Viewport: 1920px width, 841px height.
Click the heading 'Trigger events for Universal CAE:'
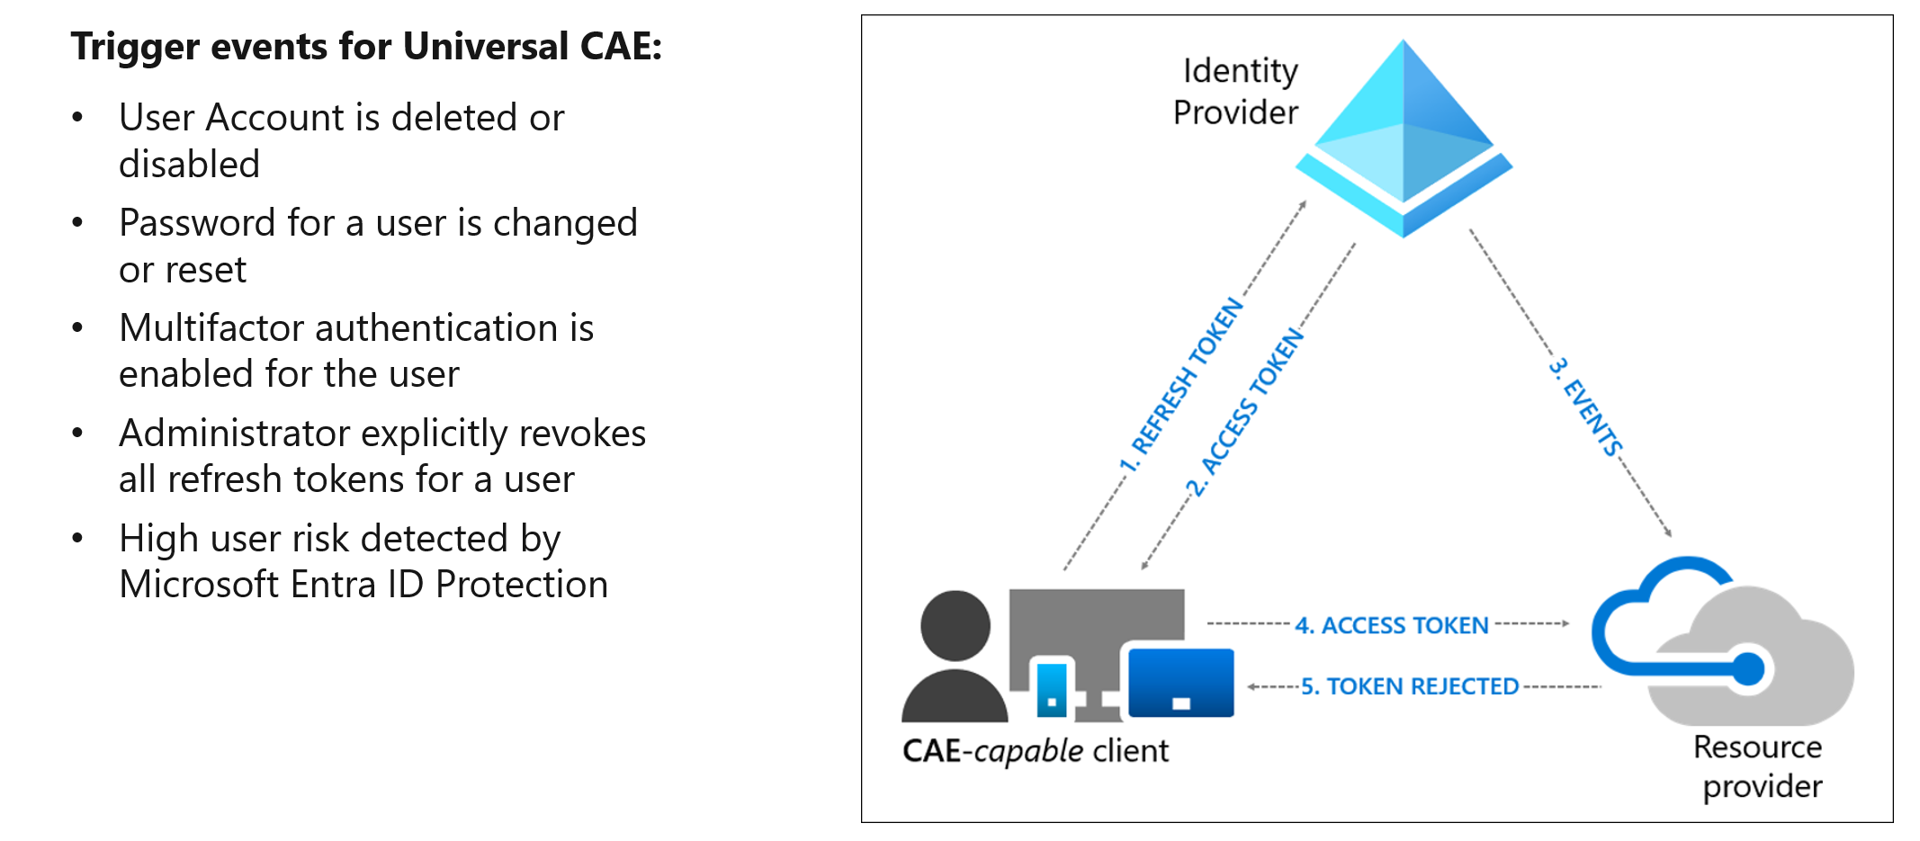pyautogui.click(x=366, y=47)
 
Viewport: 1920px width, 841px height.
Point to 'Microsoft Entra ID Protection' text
pyautogui.click(x=363, y=585)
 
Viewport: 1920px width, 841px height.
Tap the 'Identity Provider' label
pyautogui.click(x=1237, y=92)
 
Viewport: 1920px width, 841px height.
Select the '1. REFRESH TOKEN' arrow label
pyautogui.click(x=1181, y=385)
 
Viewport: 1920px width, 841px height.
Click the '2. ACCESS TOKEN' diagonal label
pyautogui.click(x=1246, y=412)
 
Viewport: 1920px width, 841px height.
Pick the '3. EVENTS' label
pyautogui.click(x=1586, y=407)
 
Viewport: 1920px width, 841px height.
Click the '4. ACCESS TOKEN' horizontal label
pyautogui.click(x=1391, y=625)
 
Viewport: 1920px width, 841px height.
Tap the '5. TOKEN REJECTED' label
pyautogui.click(x=1409, y=686)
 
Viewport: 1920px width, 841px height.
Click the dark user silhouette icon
pyautogui.click(x=955, y=657)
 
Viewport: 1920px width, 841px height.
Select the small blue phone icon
pyautogui.click(x=1052, y=688)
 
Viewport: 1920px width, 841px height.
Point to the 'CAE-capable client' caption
pyautogui.click(x=1035, y=751)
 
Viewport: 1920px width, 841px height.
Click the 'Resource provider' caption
pyautogui.click(x=1760, y=766)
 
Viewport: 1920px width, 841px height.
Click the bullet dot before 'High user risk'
pyautogui.click(x=78, y=538)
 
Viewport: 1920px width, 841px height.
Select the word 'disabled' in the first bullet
pyautogui.click(x=189, y=165)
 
